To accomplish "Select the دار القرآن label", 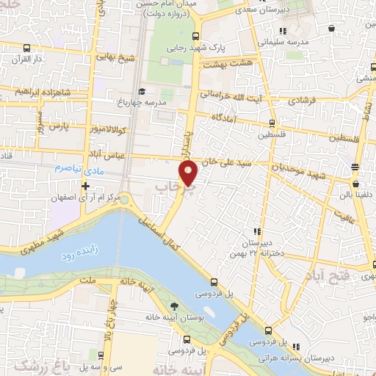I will click(x=17, y=58).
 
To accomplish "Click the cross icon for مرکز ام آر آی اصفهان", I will click(x=85, y=187).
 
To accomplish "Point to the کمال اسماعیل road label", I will click(x=162, y=234).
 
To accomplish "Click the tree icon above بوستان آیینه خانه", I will click(x=173, y=306).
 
